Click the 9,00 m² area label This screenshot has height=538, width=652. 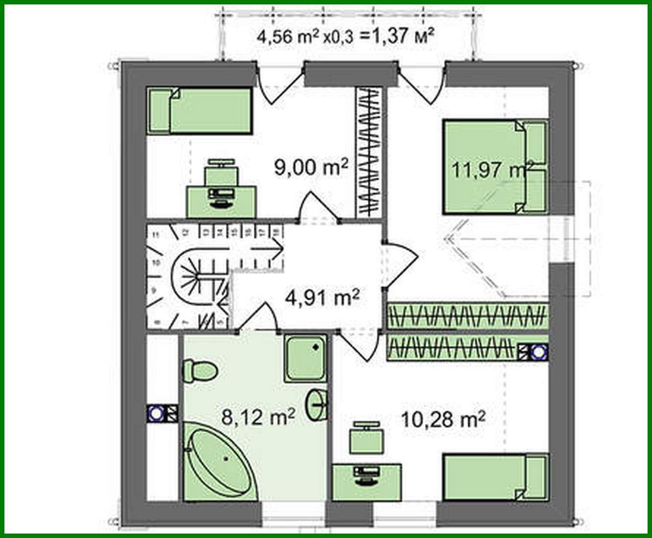(x=311, y=168)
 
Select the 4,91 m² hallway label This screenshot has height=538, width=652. (x=322, y=297)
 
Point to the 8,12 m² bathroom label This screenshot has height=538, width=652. (x=258, y=417)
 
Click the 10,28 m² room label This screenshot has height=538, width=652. (x=443, y=419)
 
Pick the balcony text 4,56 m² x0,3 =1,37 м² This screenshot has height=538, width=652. (x=345, y=36)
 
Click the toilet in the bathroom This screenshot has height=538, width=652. (x=199, y=370)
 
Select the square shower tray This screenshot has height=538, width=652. (x=305, y=359)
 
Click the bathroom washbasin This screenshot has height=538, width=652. (x=317, y=404)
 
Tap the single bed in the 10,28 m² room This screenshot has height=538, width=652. (x=495, y=477)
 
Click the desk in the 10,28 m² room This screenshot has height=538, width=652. (x=367, y=482)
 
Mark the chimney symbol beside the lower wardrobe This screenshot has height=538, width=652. (x=532, y=351)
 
